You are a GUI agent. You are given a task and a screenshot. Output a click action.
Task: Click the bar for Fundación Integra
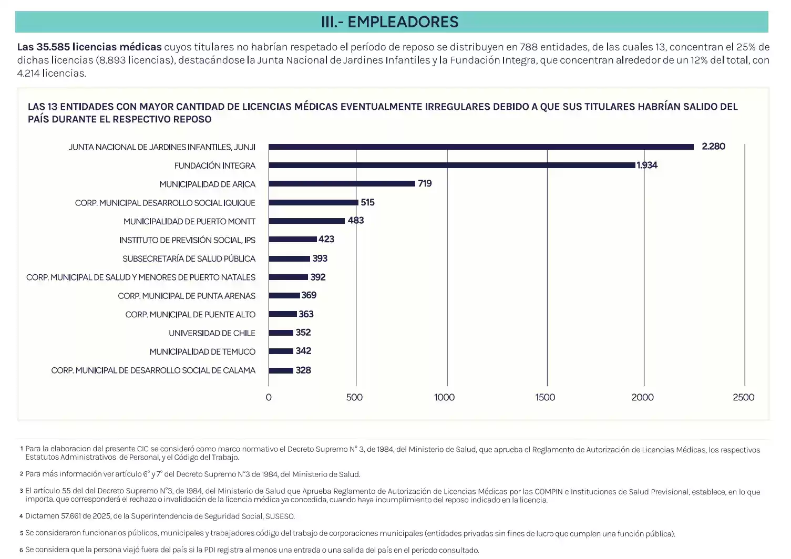(452, 165)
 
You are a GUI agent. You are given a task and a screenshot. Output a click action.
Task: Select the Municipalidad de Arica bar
(342, 184)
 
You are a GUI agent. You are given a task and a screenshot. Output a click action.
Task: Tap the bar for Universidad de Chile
(281, 333)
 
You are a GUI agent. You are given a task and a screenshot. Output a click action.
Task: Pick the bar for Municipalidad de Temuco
(281, 351)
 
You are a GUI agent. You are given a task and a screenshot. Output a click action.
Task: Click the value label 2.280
(713, 147)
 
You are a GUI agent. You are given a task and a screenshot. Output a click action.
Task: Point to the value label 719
(425, 184)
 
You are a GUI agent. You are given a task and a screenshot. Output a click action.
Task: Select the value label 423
(326, 240)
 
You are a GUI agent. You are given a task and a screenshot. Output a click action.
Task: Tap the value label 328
(303, 370)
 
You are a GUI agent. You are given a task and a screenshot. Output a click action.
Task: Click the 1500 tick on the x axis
(545, 398)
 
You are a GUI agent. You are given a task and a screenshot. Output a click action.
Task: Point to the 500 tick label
(354, 398)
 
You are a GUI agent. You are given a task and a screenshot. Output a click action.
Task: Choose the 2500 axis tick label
(743, 398)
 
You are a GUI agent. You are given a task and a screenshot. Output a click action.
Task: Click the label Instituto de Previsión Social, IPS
(187, 240)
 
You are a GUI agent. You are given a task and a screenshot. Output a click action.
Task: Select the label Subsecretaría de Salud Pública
(189, 259)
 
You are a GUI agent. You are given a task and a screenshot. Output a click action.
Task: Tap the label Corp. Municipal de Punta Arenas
(187, 296)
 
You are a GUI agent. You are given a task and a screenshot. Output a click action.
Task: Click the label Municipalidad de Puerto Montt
(189, 222)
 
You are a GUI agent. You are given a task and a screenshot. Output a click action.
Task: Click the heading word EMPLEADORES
(403, 22)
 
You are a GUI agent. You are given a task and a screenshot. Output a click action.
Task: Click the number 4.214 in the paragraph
(28, 74)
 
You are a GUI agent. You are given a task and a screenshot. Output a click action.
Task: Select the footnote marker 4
(21, 516)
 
